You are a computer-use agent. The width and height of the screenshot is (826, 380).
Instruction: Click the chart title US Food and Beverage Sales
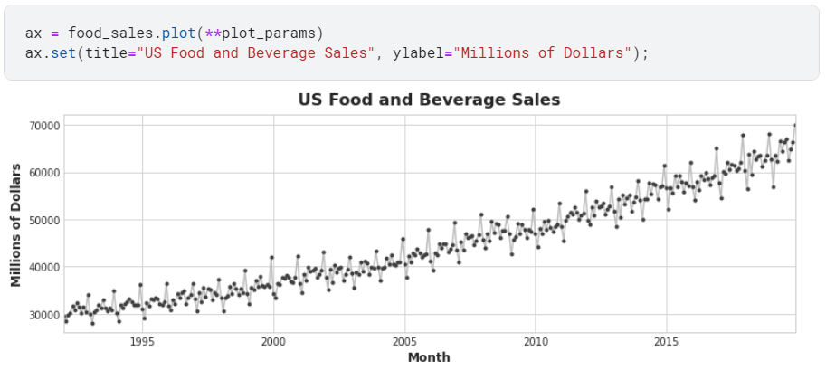point(430,100)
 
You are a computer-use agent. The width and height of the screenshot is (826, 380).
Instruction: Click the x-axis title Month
point(429,357)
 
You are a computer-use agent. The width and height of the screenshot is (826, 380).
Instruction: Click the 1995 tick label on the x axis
point(142,342)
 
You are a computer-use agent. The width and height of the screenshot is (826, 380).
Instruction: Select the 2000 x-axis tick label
point(273,342)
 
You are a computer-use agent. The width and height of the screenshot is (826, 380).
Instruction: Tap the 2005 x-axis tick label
point(404,342)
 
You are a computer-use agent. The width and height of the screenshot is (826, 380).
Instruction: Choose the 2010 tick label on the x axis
point(536,342)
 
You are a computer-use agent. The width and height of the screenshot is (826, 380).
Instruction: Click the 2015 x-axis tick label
point(667,342)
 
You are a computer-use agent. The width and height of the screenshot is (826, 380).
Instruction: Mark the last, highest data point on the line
point(795,126)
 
